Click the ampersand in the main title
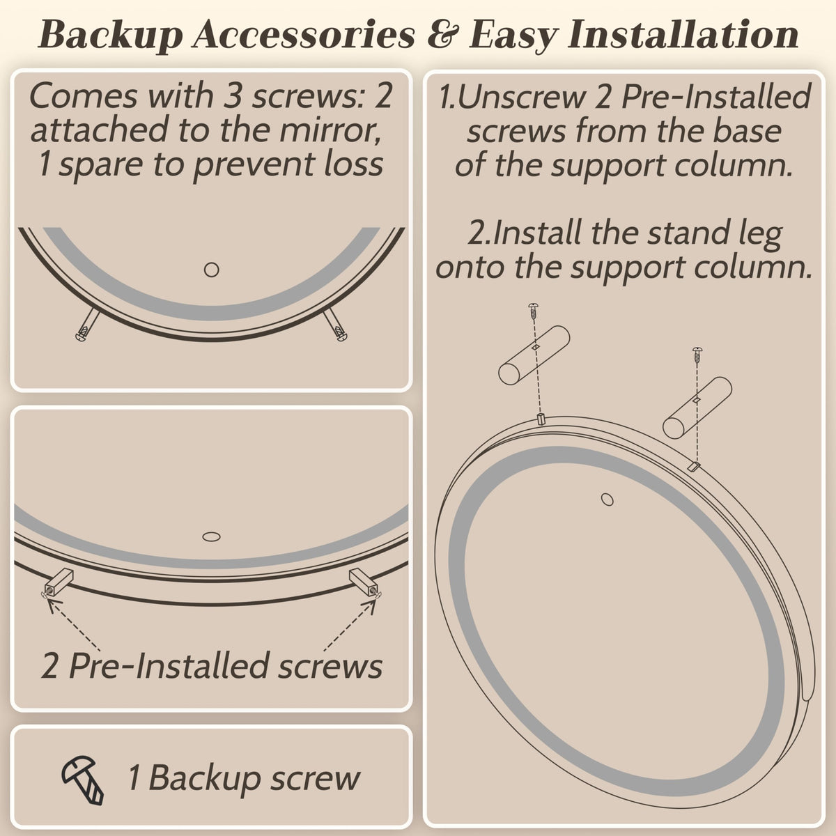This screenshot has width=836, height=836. click(442, 35)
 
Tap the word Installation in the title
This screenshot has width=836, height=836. click(683, 34)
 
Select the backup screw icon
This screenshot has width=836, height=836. click(82, 780)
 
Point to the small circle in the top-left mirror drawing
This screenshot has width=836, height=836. click(211, 270)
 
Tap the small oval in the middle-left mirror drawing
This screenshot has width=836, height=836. click(211, 536)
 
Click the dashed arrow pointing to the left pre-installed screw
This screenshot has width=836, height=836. click(74, 624)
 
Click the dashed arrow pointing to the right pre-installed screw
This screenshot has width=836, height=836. click(349, 624)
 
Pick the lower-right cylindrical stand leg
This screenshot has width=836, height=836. click(697, 408)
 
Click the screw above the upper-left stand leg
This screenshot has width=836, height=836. click(533, 311)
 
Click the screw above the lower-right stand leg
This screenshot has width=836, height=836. click(697, 355)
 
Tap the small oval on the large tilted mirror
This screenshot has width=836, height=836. click(607, 500)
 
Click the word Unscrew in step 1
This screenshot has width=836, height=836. click(521, 97)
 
